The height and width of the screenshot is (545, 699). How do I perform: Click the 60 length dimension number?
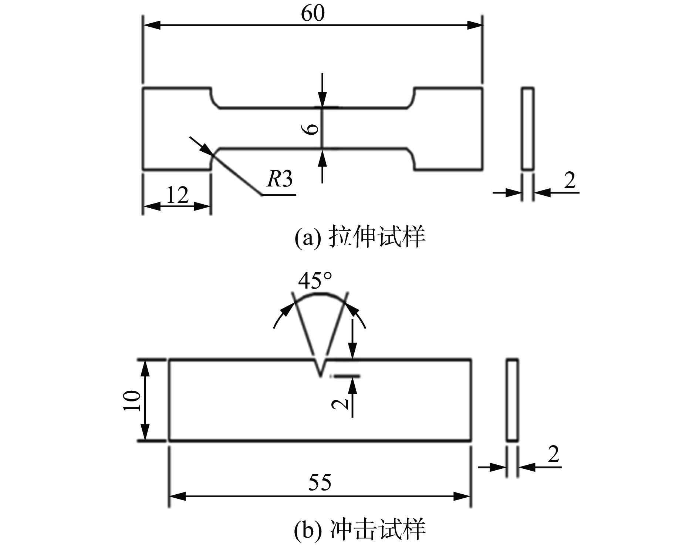[313, 14]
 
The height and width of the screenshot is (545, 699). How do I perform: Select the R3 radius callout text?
[280, 179]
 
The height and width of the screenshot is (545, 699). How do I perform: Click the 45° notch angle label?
[315, 281]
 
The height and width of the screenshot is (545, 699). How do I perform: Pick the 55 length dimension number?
[320, 482]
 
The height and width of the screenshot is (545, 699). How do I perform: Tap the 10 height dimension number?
[132, 400]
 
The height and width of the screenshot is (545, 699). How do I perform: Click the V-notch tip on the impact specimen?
[320, 377]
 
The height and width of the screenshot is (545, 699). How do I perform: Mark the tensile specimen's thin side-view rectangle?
[528, 129]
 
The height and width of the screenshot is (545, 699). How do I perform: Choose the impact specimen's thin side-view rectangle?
[512, 400]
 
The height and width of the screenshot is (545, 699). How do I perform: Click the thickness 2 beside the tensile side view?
[570, 181]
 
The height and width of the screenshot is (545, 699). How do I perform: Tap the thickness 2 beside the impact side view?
[553, 455]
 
